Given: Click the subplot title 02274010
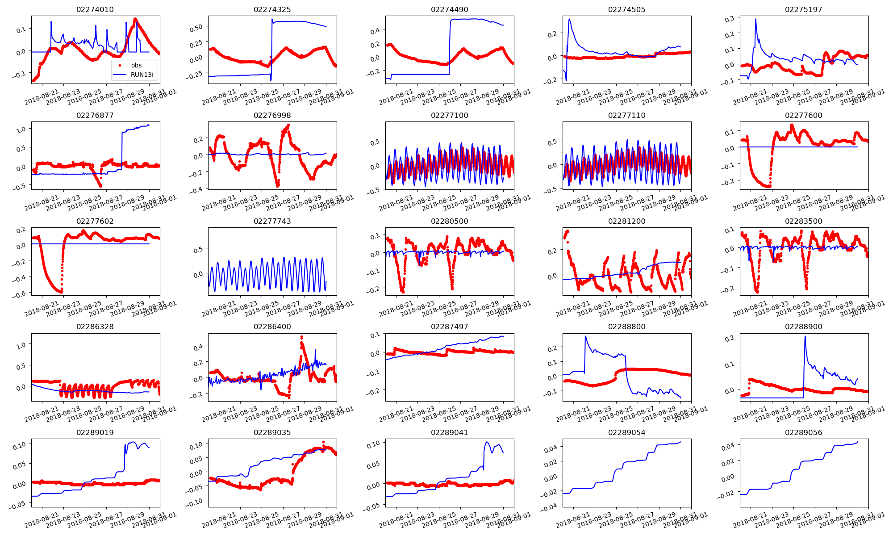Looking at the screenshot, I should pos(95,9).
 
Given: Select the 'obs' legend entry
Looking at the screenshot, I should pos(136,65).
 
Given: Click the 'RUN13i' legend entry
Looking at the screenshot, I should pos(142,75).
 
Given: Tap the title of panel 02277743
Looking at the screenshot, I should pos(272,221).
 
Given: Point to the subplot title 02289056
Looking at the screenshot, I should pos(803,432).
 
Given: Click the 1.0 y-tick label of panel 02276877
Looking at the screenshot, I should pos(21,129).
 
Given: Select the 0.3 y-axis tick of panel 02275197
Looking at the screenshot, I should pos(730,19).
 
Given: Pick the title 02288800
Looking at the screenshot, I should pos(626,327).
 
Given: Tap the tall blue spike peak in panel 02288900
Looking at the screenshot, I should pos(805,336).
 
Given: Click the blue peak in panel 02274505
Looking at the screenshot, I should pos(569,19).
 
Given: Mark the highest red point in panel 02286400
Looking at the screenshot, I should pos(301,337).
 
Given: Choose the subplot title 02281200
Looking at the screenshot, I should pos(626,221).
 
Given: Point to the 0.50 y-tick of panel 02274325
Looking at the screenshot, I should pos(196,27).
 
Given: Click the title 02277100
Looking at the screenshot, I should pos(449,115).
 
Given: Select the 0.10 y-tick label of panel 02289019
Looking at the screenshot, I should pos(19,446).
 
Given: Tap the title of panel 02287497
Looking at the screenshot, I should pos(449,327).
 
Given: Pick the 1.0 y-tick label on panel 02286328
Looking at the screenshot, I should pos(21,345).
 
